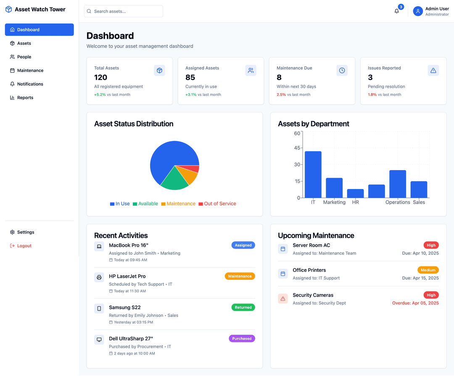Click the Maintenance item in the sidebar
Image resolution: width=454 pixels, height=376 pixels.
coord(30,71)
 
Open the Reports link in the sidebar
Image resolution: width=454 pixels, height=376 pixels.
coord(25,97)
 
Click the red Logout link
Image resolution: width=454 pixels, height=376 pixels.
coord(24,246)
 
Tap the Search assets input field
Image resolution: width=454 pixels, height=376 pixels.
coord(124,11)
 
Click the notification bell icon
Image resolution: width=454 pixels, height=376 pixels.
coord(396,11)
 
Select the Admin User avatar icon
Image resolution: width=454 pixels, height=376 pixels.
coord(418,11)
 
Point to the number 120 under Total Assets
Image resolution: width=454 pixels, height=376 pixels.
coord(101,77)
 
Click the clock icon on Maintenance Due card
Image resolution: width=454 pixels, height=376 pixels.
coord(342,71)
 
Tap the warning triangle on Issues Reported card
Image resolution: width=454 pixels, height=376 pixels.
coord(433,71)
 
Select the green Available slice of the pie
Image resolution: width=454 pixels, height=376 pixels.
coord(174,180)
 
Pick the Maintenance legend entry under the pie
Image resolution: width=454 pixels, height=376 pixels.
coord(178,204)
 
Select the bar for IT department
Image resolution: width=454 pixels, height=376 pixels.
coord(313,174)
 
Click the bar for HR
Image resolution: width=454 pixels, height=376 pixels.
coord(356,193)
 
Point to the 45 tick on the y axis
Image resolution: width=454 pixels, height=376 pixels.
coord(297,148)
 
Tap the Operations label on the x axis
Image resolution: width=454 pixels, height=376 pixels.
coord(398,202)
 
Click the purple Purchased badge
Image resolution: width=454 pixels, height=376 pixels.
coord(242,339)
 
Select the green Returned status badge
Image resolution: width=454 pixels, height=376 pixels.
coord(243,308)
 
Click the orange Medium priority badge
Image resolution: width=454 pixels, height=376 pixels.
coord(428,270)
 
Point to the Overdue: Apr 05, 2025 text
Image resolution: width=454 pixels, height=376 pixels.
coord(415,303)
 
